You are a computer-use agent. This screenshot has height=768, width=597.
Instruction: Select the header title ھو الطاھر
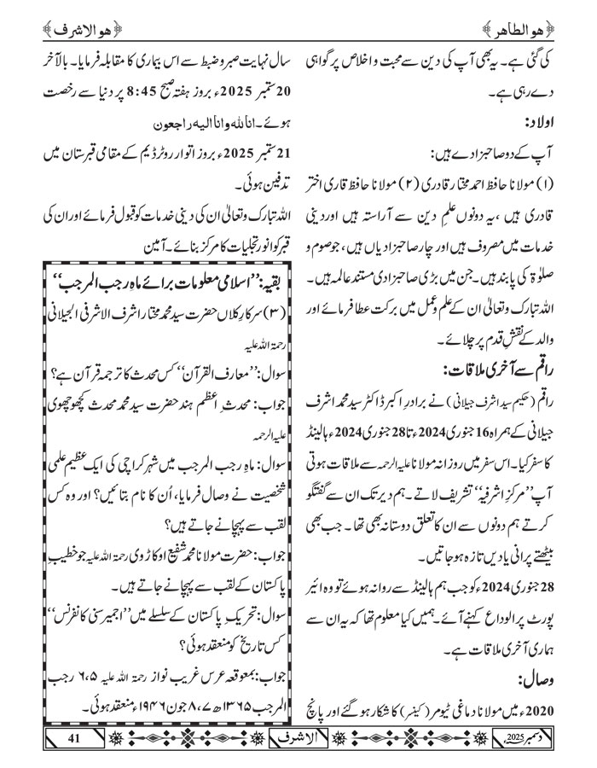click(x=523, y=14)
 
